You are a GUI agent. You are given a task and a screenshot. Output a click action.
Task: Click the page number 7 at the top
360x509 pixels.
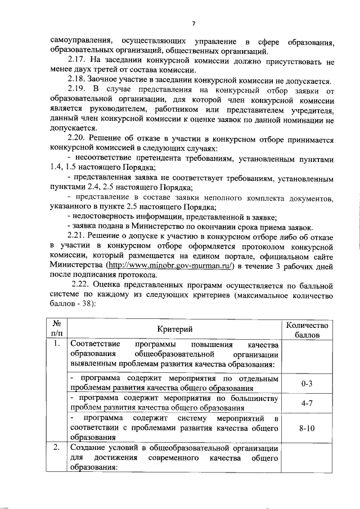(193, 23)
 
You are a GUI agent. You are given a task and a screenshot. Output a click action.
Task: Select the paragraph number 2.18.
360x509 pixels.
(77, 80)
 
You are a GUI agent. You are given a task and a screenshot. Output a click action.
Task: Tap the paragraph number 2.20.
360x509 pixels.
(77, 138)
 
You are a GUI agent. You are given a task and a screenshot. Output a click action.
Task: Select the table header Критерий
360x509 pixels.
(175, 330)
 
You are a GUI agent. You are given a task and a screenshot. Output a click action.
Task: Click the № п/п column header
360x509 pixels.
(56, 330)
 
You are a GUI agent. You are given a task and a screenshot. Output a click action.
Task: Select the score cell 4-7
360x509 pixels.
(307, 403)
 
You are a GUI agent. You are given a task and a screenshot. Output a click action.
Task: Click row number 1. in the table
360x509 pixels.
(56, 344)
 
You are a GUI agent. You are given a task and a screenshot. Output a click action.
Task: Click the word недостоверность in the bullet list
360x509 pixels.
(105, 216)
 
